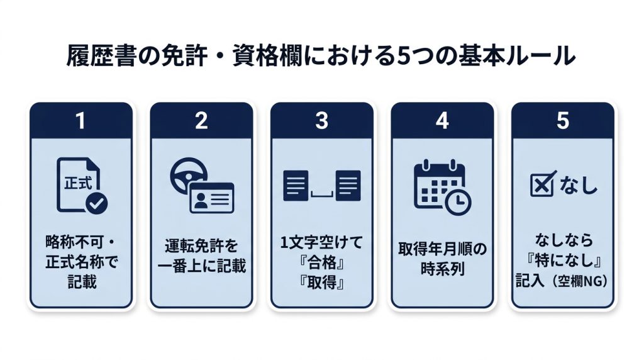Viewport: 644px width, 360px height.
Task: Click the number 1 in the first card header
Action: [x=80, y=121]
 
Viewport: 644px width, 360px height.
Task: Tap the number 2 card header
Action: [x=201, y=121]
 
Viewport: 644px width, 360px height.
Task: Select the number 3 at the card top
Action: [x=321, y=121]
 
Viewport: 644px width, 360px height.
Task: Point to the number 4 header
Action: [x=442, y=121]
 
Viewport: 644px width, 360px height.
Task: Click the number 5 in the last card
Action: [x=563, y=121]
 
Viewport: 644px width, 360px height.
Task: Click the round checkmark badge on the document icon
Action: [x=96, y=203]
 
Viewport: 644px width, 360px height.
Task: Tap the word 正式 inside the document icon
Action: [x=77, y=183]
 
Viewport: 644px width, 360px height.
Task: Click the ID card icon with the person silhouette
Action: [x=212, y=198]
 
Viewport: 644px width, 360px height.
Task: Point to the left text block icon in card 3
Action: [x=296, y=186]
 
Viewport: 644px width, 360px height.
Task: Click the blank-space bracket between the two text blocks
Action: [x=322, y=194]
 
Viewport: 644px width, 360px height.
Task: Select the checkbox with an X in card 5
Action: [x=543, y=184]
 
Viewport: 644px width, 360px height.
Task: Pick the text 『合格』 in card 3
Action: [x=322, y=262]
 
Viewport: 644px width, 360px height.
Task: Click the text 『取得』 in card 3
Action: [x=322, y=283]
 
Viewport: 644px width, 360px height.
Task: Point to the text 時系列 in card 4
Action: [x=442, y=269]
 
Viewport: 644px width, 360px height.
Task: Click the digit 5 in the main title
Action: [x=404, y=56]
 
